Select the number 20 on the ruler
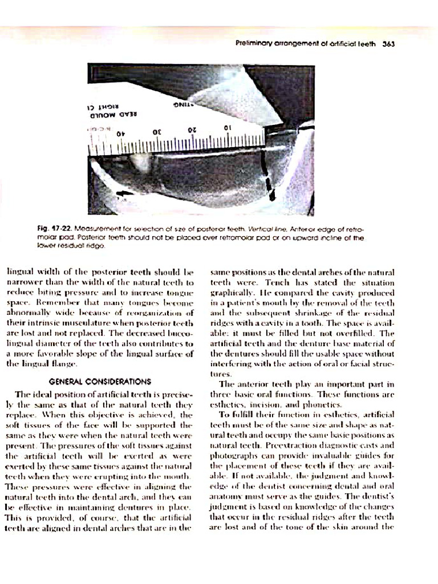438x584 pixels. (192, 130)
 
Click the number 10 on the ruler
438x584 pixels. (226, 128)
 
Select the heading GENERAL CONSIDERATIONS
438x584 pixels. (100, 381)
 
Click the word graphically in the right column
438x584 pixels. (233, 293)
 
